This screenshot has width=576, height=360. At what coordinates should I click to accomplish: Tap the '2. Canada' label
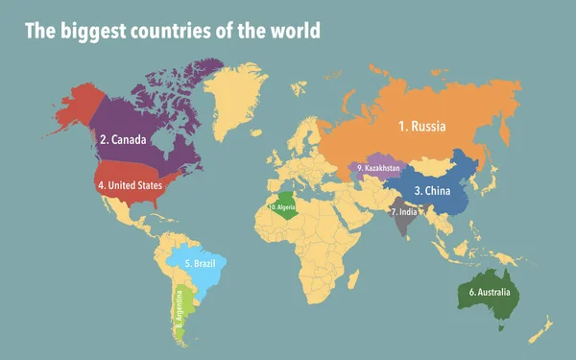(x=123, y=139)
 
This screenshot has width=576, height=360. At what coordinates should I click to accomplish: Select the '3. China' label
(x=432, y=190)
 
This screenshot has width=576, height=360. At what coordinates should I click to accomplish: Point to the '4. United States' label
(x=129, y=184)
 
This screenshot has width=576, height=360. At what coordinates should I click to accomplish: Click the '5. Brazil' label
(x=198, y=263)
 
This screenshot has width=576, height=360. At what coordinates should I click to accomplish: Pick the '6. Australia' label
(x=489, y=292)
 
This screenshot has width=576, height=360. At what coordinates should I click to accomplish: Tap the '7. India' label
(x=403, y=211)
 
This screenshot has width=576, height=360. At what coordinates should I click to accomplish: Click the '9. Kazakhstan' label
(x=377, y=168)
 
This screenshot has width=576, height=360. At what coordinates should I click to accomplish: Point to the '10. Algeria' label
(x=282, y=206)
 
